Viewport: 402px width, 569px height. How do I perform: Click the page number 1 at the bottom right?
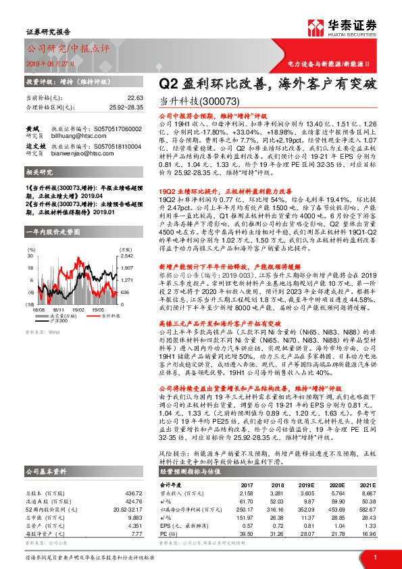click(x=374, y=556)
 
